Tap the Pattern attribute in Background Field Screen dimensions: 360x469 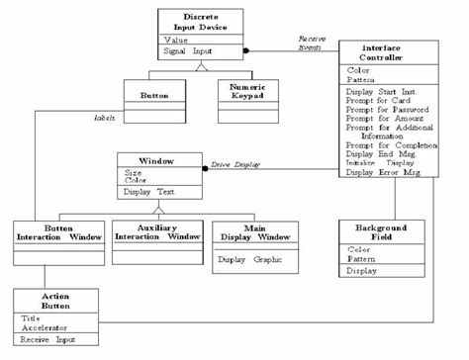pos(362,258)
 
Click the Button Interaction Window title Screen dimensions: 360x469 pos(58,233)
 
